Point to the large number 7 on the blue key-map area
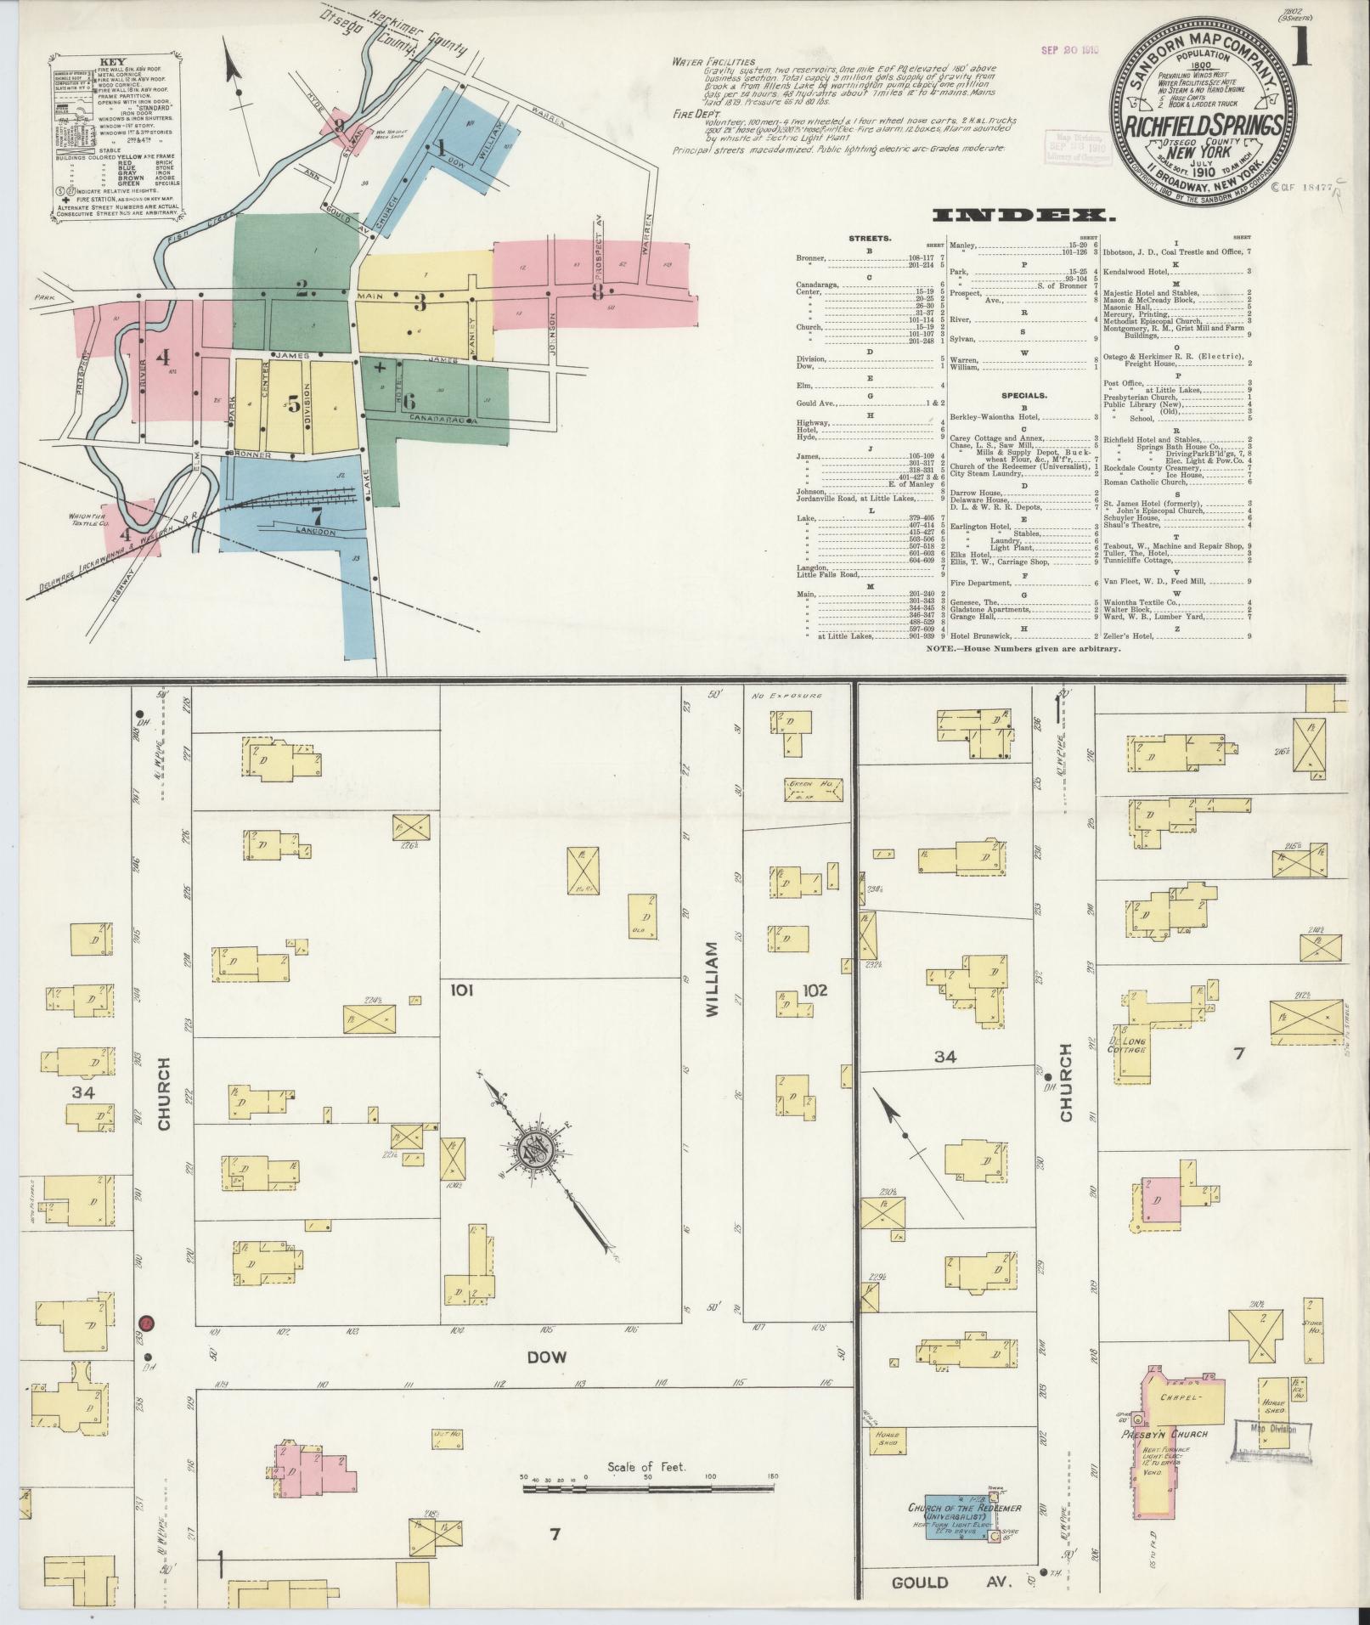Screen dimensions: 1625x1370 coord(316,516)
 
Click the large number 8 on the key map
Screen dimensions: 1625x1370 coord(598,293)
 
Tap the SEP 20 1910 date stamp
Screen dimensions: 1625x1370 coord(1070,50)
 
